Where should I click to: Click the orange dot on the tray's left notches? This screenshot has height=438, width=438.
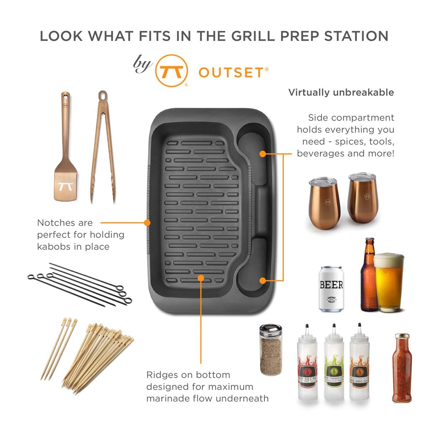coord(147,223)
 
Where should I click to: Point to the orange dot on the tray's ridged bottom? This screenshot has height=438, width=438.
coord(201,278)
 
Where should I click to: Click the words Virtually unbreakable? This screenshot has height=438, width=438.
coord(341,93)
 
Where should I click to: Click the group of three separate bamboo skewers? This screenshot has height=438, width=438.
coord(59,349)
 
